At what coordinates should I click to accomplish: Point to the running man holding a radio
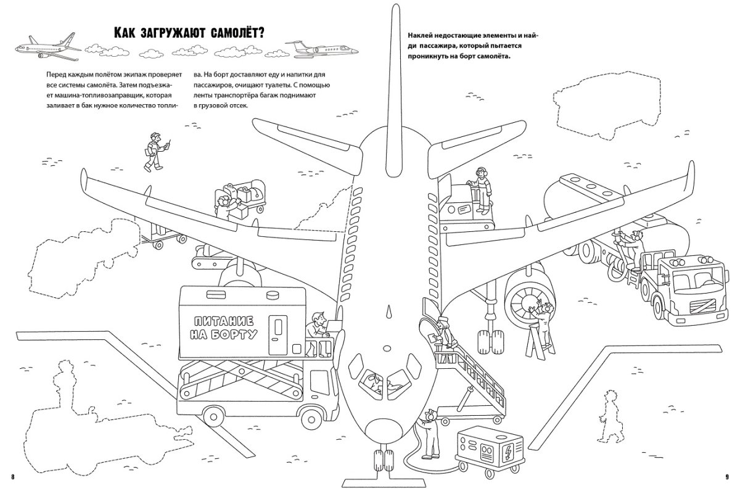click(154, 151)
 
